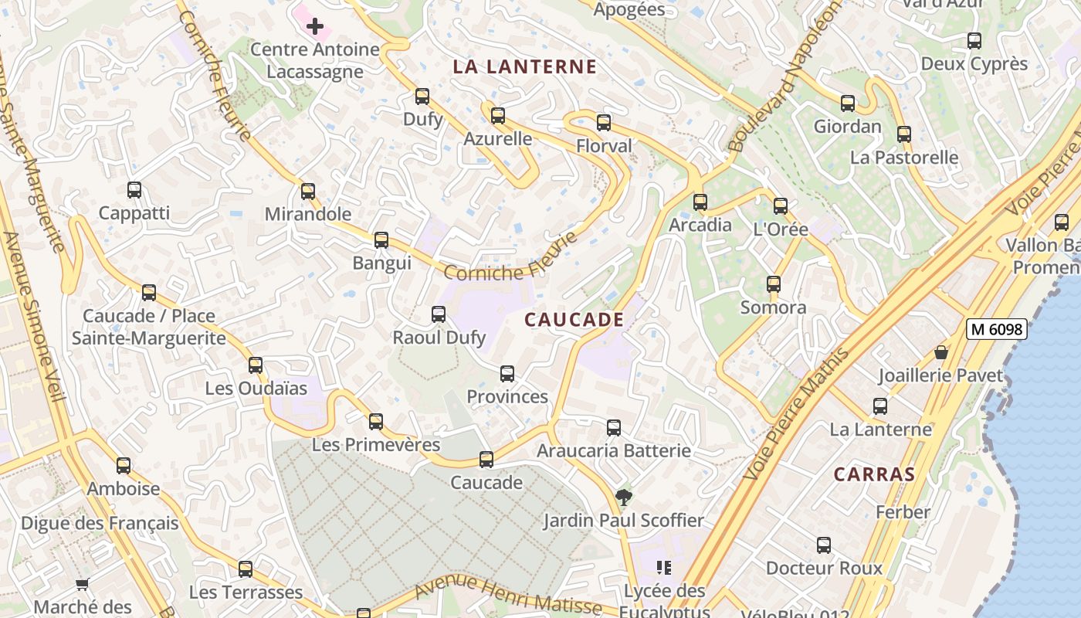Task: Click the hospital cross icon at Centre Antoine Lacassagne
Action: coord(315,27)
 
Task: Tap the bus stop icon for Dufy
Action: coord(422,97)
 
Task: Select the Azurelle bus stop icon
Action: coord(498,116)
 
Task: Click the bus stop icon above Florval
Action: coord(604,123)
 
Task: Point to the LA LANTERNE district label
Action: coord(525,67)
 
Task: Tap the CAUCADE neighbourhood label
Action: coord(574,320)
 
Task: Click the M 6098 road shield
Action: coord(997,329)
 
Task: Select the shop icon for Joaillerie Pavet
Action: coord(941,352)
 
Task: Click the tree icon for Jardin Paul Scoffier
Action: coord(623,497)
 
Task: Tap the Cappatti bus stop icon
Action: coord(134,190)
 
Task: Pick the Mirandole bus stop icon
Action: coord(308,191)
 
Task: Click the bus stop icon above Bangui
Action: coord(381,240)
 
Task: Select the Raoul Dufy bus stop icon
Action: coord(439,314)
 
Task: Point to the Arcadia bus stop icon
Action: coord(700,202)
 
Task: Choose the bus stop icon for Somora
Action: coord(774,284)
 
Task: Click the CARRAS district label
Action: coord(874,474)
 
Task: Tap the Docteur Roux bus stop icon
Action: coord(824,545)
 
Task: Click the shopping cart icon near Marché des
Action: coord(83,585)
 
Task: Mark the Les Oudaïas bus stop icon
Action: coord(256,365)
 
